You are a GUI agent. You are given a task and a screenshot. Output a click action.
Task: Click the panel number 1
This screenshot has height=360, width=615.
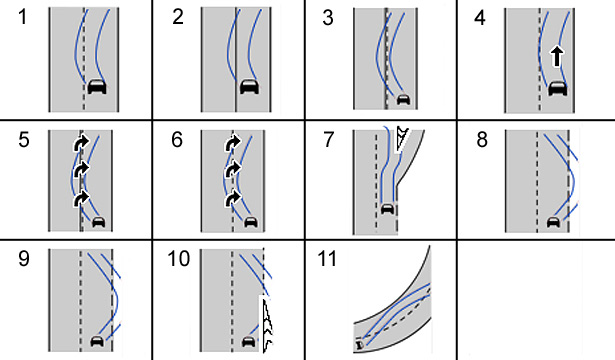[x=23, y=18]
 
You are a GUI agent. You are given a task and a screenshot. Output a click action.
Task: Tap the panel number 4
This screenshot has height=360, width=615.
[x=480, y=18]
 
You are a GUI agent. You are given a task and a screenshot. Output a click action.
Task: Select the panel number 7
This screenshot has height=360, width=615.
[x=329, y=140]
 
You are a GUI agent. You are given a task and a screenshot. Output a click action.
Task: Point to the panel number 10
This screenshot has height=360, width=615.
[x=178, y=259]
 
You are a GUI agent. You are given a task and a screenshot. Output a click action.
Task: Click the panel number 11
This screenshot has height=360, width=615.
[x=327, y=259]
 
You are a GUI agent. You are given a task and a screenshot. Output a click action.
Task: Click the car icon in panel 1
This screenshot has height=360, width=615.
[x=97, y=86]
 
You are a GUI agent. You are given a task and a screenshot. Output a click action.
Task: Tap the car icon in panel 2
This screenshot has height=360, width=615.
[x=249, y=86]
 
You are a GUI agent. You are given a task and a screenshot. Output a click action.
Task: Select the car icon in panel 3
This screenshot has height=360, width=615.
[x=403, y=99]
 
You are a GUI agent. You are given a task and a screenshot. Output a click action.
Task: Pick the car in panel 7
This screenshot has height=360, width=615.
[x=388, y=209]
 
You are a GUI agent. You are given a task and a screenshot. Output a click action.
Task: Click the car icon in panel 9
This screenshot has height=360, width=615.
[x=97, y=341]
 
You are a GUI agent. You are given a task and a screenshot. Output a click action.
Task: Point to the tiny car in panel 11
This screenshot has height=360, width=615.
[x=360, y=345]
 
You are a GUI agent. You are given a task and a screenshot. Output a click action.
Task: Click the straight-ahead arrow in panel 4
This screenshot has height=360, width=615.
[x=557, y=56]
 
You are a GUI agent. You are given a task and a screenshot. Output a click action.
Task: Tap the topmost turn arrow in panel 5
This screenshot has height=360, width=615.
[x=81, y=143]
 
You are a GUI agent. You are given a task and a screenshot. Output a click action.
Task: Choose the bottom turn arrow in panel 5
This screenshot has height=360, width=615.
[x=81, y=198]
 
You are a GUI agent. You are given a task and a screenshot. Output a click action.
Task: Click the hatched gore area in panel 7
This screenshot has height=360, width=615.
[x=401, y=139]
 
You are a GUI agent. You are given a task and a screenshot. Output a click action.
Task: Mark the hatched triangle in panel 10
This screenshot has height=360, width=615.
[x=266, y=324]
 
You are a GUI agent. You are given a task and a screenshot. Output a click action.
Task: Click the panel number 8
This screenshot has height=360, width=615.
[x=482, y=140]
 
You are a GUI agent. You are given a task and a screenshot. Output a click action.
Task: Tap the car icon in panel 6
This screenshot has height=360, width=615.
[x=251, y=222]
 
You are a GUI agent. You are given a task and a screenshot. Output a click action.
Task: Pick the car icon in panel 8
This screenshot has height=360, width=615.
[x=553, y=222]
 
